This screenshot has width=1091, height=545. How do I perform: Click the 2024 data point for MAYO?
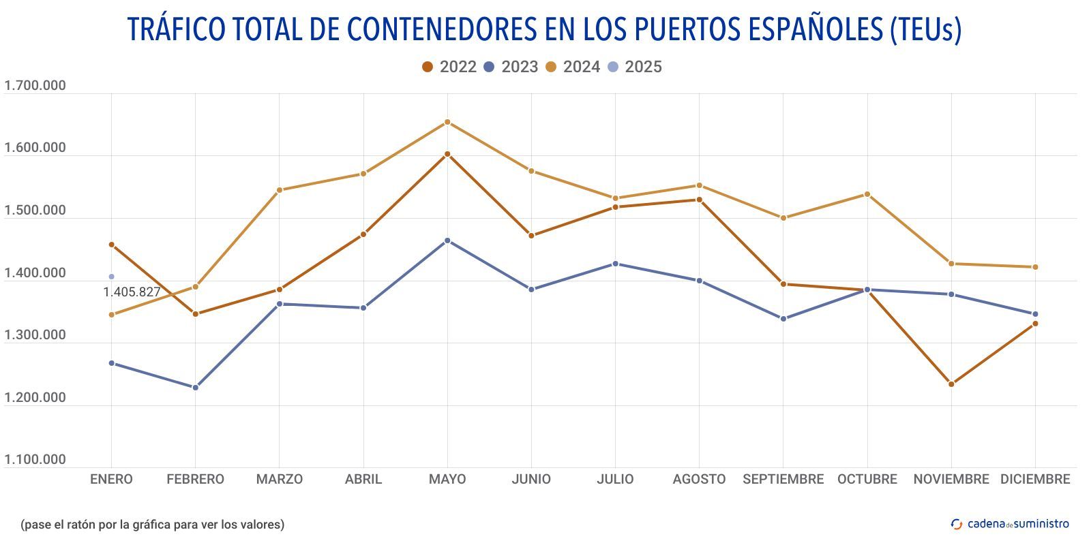447,123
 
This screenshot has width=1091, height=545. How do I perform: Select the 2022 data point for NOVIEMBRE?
951,384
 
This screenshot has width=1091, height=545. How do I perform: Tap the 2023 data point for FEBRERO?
196,388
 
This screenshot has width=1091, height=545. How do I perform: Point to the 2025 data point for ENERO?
111,277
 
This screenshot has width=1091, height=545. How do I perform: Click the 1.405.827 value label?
132,292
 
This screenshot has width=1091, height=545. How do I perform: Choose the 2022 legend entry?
449,67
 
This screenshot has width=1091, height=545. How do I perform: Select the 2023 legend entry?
511,67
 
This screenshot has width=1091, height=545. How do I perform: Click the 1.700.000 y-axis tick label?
35,86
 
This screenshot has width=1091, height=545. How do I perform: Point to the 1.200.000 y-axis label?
35,398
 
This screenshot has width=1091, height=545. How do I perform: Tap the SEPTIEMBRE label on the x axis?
783,480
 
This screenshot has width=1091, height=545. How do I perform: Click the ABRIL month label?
363,480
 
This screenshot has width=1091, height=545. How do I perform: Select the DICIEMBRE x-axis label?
1035,480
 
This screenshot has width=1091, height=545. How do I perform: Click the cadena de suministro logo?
1010,524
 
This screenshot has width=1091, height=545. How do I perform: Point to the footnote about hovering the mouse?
152,525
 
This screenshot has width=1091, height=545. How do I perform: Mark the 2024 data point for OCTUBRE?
867,194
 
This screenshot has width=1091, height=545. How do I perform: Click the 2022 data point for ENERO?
112,245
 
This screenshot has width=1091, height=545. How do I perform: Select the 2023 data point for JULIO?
615,264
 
